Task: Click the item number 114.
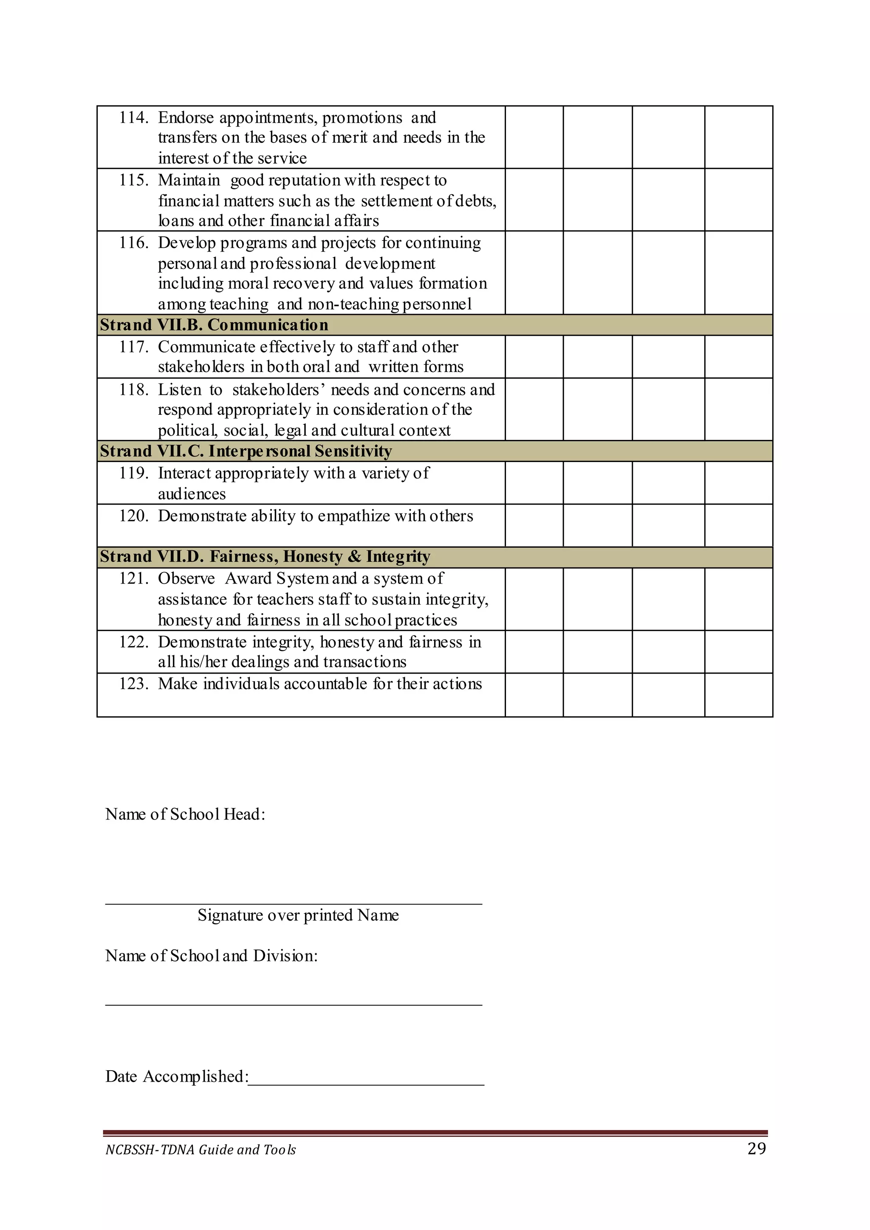(x=133, y=117)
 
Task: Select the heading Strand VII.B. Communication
(x=214, y=325)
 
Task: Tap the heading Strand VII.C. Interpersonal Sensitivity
(x=246, y=451)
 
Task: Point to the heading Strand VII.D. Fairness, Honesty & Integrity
(x=265, y=556)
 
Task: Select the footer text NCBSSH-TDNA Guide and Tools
(x=201, y=1150)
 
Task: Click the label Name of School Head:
(x=185, y=814)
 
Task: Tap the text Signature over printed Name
(x=298, y=915)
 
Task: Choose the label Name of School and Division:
(x=211, y=955)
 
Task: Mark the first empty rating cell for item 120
(x=534, y=525)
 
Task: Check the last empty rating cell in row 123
(x=738, y=694)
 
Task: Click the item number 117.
(x=133, y=347)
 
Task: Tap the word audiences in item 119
(x=192, y=493)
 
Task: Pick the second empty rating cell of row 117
(x=597, y=357)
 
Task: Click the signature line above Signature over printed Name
(x=294, y=904)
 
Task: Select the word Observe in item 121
(x=186, y=578)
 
